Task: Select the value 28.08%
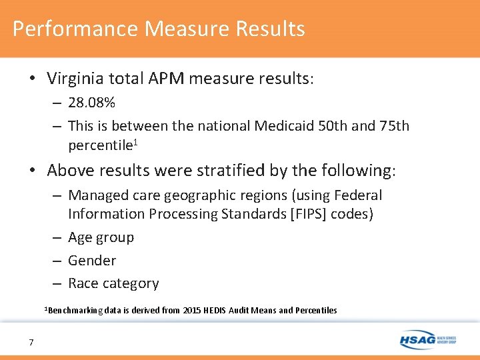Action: coord(91,103)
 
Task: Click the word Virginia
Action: coord(75,79)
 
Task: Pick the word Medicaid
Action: coord(294,126)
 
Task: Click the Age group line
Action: coord(101,238)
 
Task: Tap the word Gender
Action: coord(92,261)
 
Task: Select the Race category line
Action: coord(113,283)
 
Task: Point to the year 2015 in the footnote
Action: coord(192,310)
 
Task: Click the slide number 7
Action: coord(31,343)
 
